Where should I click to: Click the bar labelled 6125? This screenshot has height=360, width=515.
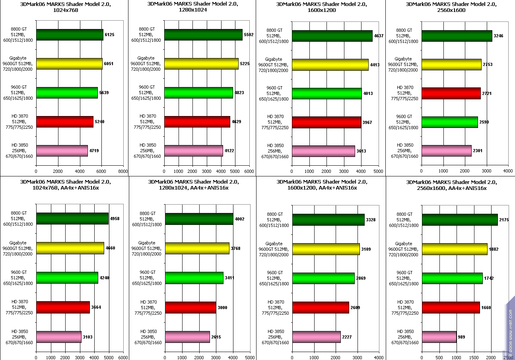pyautogui.click(x=70, y=35)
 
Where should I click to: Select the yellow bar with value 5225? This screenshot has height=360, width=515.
pyautogui.click(x=201, y=64)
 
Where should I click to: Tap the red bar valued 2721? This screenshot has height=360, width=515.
pyautogui.click(x=451, y=93)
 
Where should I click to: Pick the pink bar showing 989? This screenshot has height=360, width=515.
pyautogui.click(x=439, y=337)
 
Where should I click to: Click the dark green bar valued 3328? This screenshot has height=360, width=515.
pyautogui.click(x=328, y=220)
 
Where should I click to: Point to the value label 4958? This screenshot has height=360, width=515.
pyautogui.click(x=115, y=219)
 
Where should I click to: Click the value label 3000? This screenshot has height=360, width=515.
pyautogui.click(x=223, y=308)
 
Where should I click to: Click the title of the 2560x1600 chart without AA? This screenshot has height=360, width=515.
pyautogui.click(x=451, y=7)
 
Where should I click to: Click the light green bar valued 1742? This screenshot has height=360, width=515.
pyautogui.click(x=452, y=278)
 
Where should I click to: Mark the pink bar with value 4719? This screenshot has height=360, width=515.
pyautogui.click(x=62, y=151)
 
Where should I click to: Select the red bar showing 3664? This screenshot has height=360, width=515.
pyautogui.click(x=63, y=308)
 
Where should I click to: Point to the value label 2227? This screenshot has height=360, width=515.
pyautogui.click(x=347, y=337)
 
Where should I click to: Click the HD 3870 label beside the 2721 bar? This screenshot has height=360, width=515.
pyautogui.click(x=405, y=93)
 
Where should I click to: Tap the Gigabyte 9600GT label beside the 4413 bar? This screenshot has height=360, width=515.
pyautogui.click(x=274, y=65)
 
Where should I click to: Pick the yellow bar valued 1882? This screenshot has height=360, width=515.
pyautogui.click(x=455, y=249)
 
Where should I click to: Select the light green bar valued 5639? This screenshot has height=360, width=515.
pyautogui.click(x=67, y=93)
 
